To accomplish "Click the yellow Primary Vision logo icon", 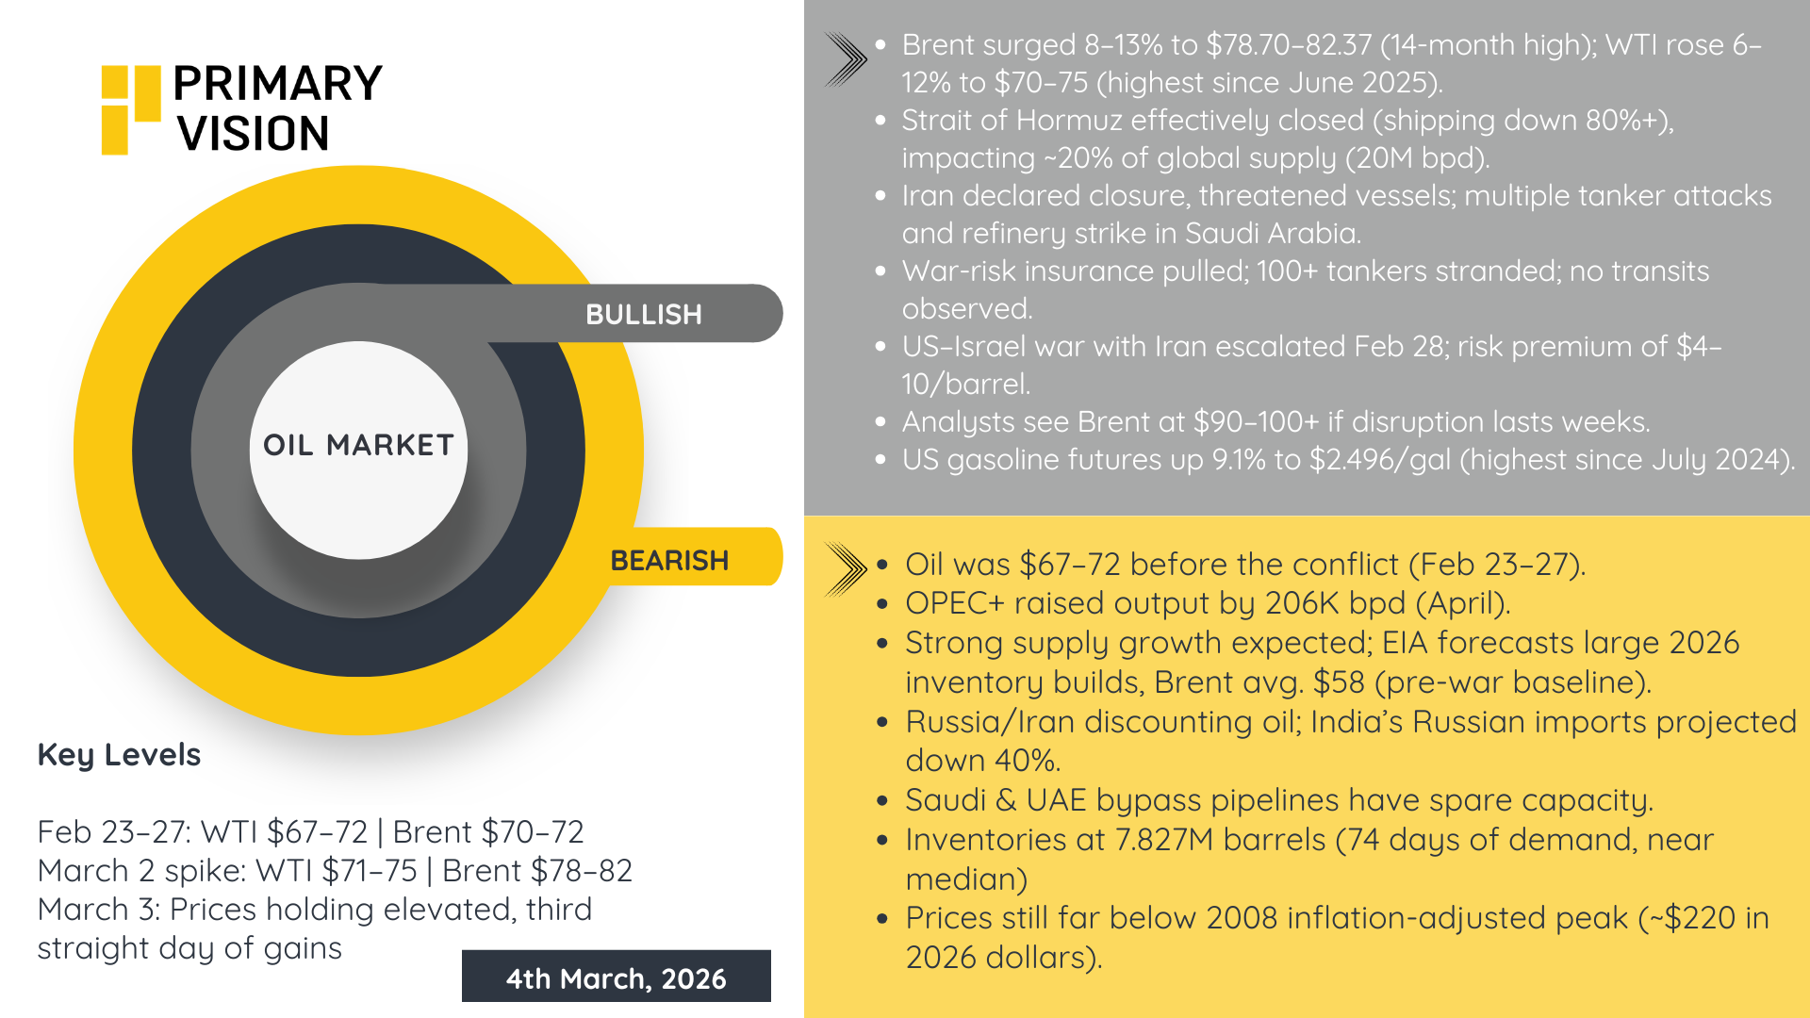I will pos(130,108).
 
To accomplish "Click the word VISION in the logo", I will pos(253,133).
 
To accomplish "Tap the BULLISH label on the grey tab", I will pos(644,314).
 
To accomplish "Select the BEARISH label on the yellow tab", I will pos(669,561).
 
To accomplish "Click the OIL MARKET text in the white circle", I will pos(358,445).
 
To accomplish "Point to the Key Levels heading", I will pos(119,755).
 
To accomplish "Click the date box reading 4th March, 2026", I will pos(616,977).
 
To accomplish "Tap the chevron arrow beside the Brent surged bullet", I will pos(845,59).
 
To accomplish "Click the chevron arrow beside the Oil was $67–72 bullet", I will pos(845,568).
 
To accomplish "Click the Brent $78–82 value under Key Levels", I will pos(537,871).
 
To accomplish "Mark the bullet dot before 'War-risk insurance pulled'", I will pos(880,271).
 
